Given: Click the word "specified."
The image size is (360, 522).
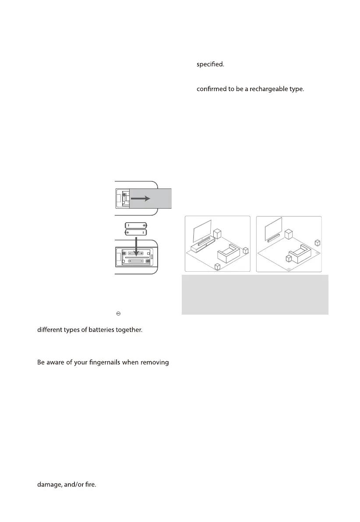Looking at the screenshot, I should click(211, 64).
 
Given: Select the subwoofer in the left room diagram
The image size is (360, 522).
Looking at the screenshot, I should click(217, 233).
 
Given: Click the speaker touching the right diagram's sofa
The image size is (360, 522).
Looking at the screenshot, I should click(289, 258).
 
